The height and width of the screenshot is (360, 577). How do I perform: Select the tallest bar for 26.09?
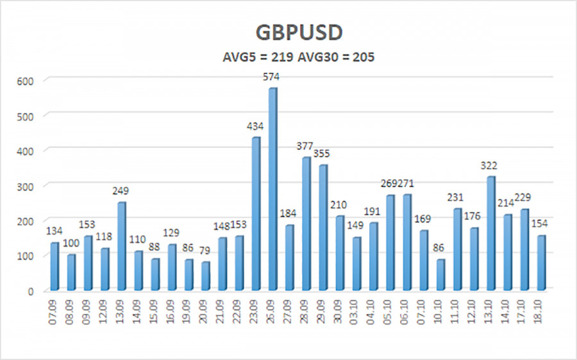click(272, 189)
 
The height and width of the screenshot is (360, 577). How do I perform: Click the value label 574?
click(272, 77)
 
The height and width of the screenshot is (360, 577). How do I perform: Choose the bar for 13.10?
click(491, 233)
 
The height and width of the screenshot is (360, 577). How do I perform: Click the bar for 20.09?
click(205, 276)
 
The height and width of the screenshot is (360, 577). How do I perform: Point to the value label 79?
click(205, 251)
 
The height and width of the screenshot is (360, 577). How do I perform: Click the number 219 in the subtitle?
click(283, 57)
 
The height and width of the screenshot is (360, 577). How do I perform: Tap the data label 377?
click(306, 146)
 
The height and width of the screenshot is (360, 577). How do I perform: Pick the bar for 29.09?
click(323, 227)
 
